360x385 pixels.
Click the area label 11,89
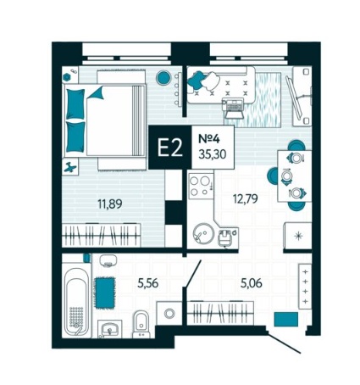tap(110, 204)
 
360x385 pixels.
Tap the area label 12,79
tap(246, 198)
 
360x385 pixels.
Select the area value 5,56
tap(147, 283)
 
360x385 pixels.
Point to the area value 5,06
tap(252, 282)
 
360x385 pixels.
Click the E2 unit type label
tap(170, 148)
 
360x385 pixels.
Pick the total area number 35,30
tap(213, 154)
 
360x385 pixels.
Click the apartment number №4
tap(209, 139)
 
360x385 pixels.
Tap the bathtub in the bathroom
tap(77, 301)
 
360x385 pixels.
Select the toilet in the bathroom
tap(141, 324)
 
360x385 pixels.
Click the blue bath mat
tap(105, 293)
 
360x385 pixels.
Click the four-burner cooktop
tap(201, 186)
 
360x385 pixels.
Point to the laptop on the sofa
tap(233, 109)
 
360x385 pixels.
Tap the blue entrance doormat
tap(286, 319)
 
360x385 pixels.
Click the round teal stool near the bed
tap(163, 77)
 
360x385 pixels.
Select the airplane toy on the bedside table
tap(69, 167)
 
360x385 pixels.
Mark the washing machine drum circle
tap(169, 313)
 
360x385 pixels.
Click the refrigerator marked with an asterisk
tap(298, 236)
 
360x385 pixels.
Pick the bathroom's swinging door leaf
tap(192, 274)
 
